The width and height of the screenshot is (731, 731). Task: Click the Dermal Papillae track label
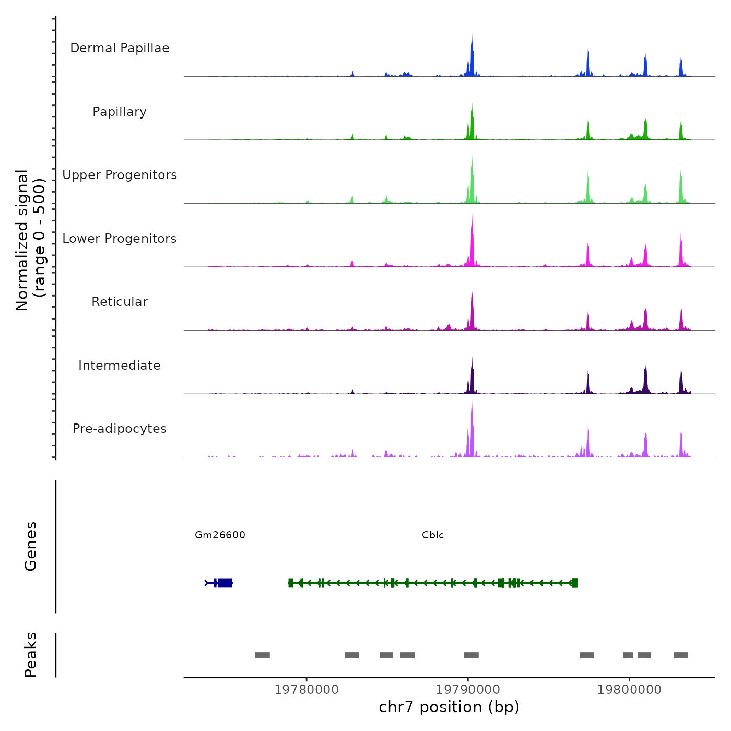[x=120, y=48]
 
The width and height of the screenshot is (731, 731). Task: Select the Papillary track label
[x=120, y=112]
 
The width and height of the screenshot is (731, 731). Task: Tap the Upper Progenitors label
[x=120, y=175]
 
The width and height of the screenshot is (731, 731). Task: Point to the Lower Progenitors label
[x=120, y=239]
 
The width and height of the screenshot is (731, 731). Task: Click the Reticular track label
[x=120, y=302]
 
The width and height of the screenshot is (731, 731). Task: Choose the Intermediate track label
[x=120, y=365]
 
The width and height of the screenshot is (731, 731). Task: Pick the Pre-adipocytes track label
[x=120, y=429]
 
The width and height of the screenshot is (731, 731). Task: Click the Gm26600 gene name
[x=220, y=535]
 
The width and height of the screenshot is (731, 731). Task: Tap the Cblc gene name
[x=433, y=535]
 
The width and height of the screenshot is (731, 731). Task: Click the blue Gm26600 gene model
[x=225, y=583]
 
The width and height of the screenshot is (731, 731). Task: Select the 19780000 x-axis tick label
[x=306, y=690]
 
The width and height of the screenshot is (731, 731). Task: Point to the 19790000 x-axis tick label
[x=468, y=690]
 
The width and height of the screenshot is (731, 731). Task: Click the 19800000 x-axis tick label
[x=629, y=690]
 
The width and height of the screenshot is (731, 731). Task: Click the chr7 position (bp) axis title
[x=449, y=707]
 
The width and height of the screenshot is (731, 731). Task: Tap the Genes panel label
[x=30, y=546]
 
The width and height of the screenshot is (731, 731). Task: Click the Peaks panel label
[x=30, y=655]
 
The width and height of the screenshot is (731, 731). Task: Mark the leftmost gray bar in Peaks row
[x=262, y=655]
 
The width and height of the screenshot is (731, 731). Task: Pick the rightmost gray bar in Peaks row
[x=680, y=655]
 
